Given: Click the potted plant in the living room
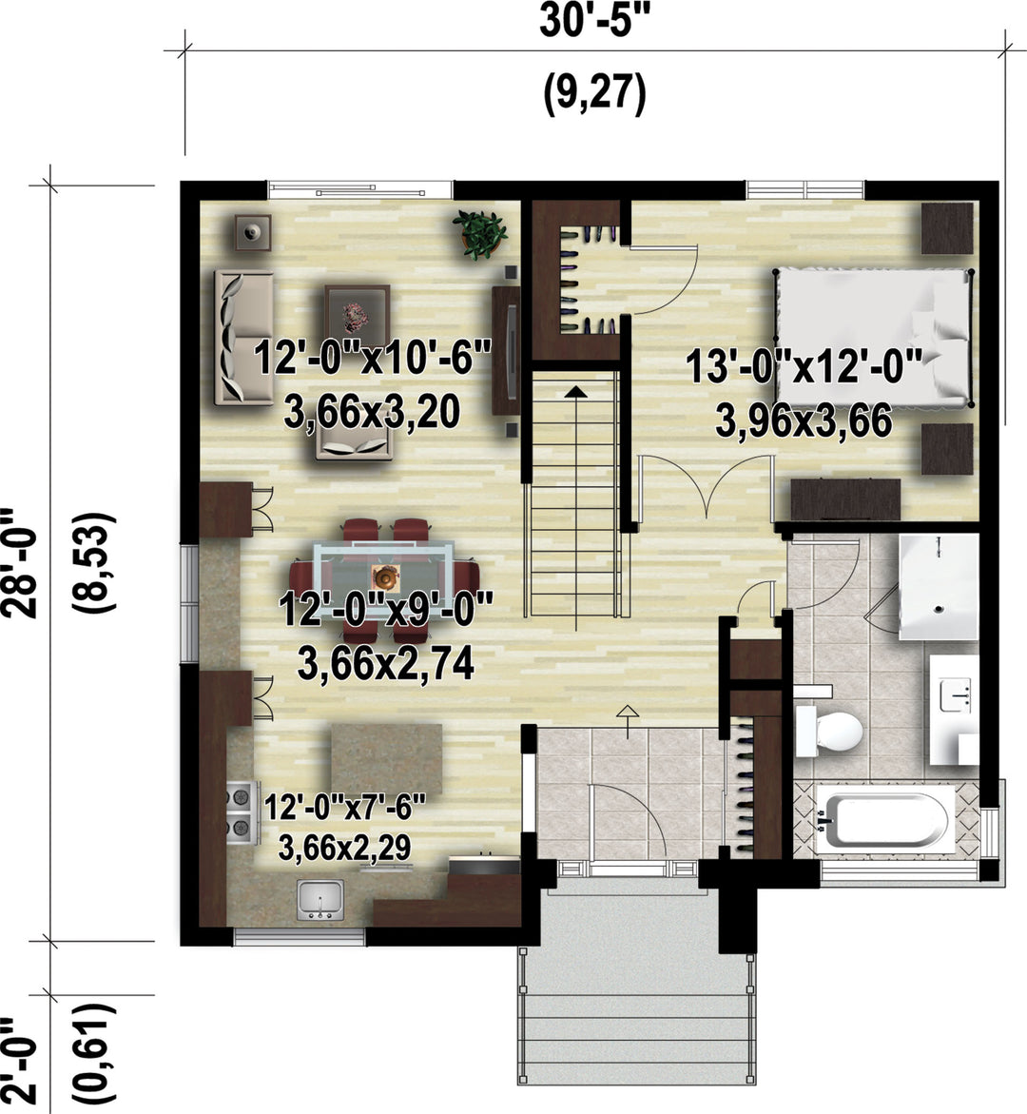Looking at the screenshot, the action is [x=480, y=233].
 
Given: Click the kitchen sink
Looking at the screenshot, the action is [x=321, y=899].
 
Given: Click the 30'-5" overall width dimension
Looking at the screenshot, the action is [x=594, y=21].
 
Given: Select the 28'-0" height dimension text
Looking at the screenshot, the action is [x=19, y=562].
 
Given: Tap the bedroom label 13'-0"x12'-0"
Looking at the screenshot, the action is [x=804, y=367].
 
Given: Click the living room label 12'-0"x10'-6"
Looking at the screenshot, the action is [x=372, y=357].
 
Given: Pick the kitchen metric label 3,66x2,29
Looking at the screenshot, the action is [x=344, y=848].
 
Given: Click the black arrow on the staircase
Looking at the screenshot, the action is [x=576, y=391].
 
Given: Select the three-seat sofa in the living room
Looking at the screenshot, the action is [x=243, y=338].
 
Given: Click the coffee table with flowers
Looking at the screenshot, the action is [x=358, y=310].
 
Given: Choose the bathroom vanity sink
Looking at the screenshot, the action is [x=955, y=694].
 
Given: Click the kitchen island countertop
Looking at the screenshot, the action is [x=386, y=759].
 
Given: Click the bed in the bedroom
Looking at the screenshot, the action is [x=873, y=338].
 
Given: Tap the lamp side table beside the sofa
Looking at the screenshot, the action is [x=253, y=231].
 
